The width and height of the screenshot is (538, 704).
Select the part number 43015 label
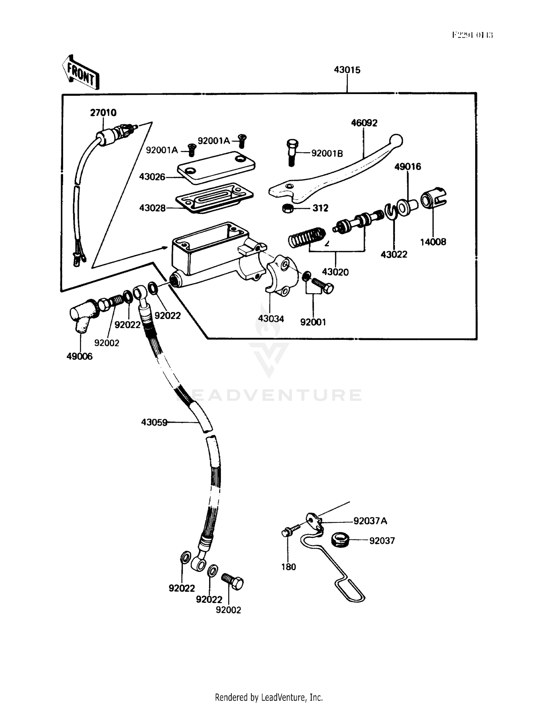tap(347, 70)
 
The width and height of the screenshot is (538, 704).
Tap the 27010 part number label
tap(103, 113)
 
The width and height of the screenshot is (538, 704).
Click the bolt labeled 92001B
tap(291, 152)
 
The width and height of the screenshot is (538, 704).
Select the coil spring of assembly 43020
tap(307, 237)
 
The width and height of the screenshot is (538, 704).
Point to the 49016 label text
tap(408, 167)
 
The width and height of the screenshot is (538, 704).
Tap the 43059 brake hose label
tap(154, 423)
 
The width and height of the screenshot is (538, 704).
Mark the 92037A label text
tap(370, 521)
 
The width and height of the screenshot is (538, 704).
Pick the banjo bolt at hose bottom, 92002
tap(233, 581)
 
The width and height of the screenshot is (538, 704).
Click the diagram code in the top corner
tap(472, 35)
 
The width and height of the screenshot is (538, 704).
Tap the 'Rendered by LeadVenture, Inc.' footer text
tap(269, 697)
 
